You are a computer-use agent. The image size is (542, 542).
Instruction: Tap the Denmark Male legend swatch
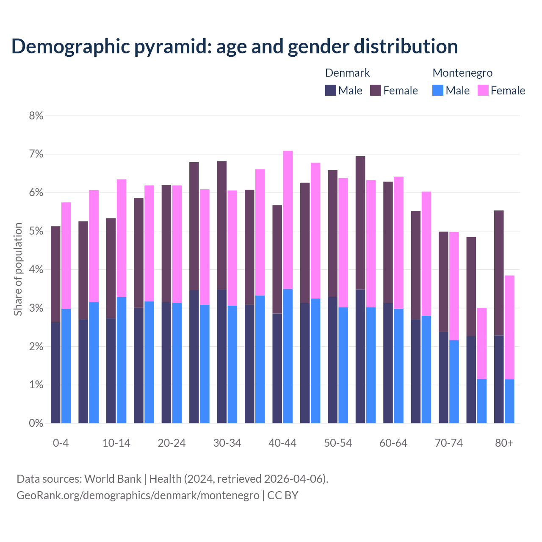pyautogui.click(x=331, y=90)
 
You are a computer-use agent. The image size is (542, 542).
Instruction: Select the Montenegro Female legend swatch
pyautogui.click(x=483, y=90)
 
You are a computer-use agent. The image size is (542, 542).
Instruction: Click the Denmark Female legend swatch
pyautogui.click(x=376, y=90)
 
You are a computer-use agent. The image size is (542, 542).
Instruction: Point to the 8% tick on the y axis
pyautogui.click(x=36, y=116)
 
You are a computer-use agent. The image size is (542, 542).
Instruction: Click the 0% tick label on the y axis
pyautogui.click(x=36, y=423)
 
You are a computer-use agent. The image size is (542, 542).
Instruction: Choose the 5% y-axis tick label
pyautogui.click(x=36, y=231)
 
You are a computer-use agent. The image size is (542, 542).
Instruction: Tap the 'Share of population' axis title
pyautogui.click(x=18, y=269)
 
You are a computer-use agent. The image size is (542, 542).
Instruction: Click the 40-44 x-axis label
pyautogui.click(x=282, y=443)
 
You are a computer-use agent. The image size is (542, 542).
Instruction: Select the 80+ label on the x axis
pyautogui.click(x=504, y=443)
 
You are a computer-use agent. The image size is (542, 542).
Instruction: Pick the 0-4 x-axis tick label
pyautogui.click(x=61, y=443)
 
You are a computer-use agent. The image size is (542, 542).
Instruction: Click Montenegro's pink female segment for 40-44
pyautogui.click(x=288, y=220)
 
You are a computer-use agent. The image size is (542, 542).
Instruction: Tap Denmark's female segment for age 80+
pyautogui.click(x=499, y=273)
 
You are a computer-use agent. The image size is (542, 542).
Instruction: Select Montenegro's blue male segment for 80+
pyautogui.click(x=509, y=401)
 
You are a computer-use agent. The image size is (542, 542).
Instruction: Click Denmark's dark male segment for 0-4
pyautogui.click(x=55, y=373)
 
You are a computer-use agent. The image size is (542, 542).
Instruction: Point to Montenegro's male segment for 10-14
pyautogui.click(x=122, y=360)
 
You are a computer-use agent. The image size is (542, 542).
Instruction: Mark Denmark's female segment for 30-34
pyautogui.click(x=222, y=226)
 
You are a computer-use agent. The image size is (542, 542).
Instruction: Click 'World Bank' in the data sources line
pyautogui.click(x=113, y=479)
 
